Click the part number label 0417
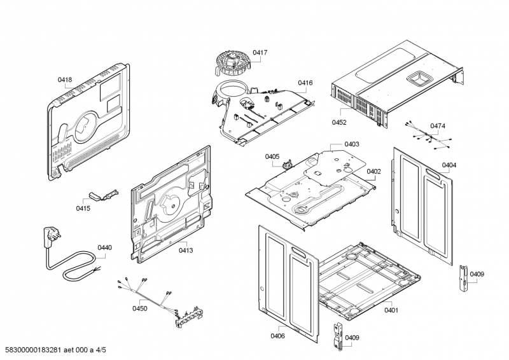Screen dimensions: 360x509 [260, 52]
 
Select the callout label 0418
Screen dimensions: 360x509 [65, 80]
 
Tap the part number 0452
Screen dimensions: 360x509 [338, 122]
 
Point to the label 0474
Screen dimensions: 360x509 [437, 126]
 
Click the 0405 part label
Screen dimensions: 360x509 [272, 156]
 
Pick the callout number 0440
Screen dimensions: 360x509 [104, 247]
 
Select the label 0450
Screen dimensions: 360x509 [139, 308]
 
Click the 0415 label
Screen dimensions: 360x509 [83, 208]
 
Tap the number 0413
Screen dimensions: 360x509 [186, 251]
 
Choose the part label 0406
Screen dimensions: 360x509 [277, 336]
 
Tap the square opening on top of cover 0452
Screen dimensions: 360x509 [418, 78]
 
